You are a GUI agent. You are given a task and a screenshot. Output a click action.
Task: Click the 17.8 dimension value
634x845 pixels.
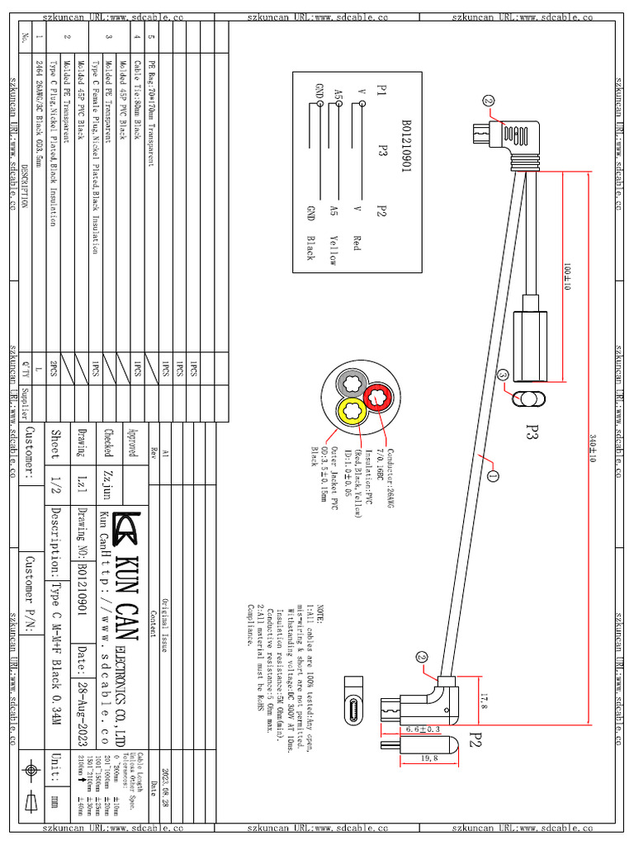click(485, 701)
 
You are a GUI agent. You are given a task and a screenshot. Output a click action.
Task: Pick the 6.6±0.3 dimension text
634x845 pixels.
click(422, 730)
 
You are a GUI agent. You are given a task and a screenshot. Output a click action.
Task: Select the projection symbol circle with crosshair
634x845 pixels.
click(31, 770)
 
